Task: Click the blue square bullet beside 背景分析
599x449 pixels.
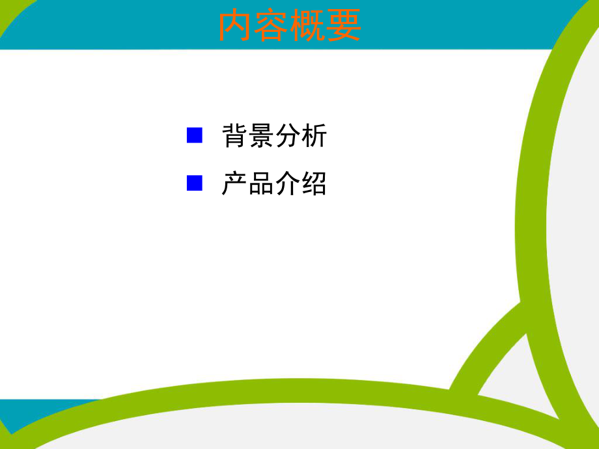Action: coord(195,135)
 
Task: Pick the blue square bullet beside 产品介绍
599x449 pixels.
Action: coord(195,183)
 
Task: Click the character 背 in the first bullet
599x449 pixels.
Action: coord(234,136)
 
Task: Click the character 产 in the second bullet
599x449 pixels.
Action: coord(234,184)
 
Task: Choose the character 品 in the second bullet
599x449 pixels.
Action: coord(260,184)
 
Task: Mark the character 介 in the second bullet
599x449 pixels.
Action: coord(287,184)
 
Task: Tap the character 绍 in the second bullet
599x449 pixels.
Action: coord(314,184)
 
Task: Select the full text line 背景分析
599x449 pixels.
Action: coord(274,136)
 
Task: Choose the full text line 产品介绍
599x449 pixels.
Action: coord(274,184)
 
